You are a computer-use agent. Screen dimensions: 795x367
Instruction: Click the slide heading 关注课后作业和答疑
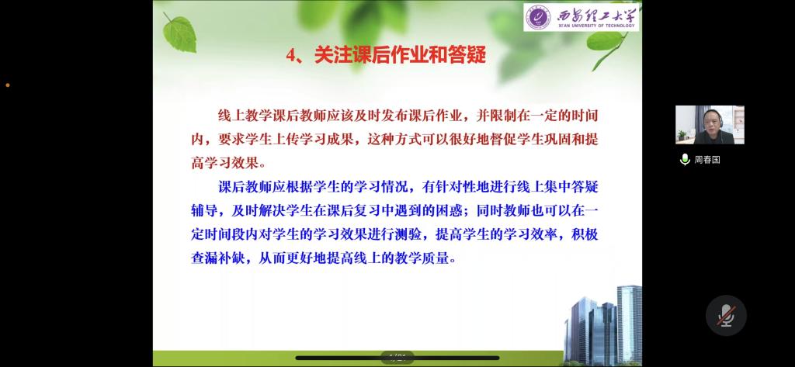click(x=400, y=55)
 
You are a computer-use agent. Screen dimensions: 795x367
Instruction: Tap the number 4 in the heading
click(x=291, y=55)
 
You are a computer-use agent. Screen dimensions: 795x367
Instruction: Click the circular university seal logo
click(x=538, y=18)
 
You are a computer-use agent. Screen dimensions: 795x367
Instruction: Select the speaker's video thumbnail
click(x=710, y=125)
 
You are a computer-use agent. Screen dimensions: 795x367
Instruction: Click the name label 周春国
click(x=707, y=160)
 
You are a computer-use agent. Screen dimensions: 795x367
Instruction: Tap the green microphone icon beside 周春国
click(x=685, y=160)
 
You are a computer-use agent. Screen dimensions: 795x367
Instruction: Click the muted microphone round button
click(x=726, y=315)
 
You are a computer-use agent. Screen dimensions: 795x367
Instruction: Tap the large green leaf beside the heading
click(x=179, y=33)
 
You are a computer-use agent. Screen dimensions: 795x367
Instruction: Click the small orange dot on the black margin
click(x=8, y=85)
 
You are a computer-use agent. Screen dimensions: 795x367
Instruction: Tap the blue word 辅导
click(x=204, y=211)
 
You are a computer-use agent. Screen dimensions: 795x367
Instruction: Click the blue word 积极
click(x=585, y=234)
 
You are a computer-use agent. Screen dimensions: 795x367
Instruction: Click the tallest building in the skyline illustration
click(x=629, y=324)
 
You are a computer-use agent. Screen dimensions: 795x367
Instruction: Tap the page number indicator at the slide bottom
click(x=398, y=358)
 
